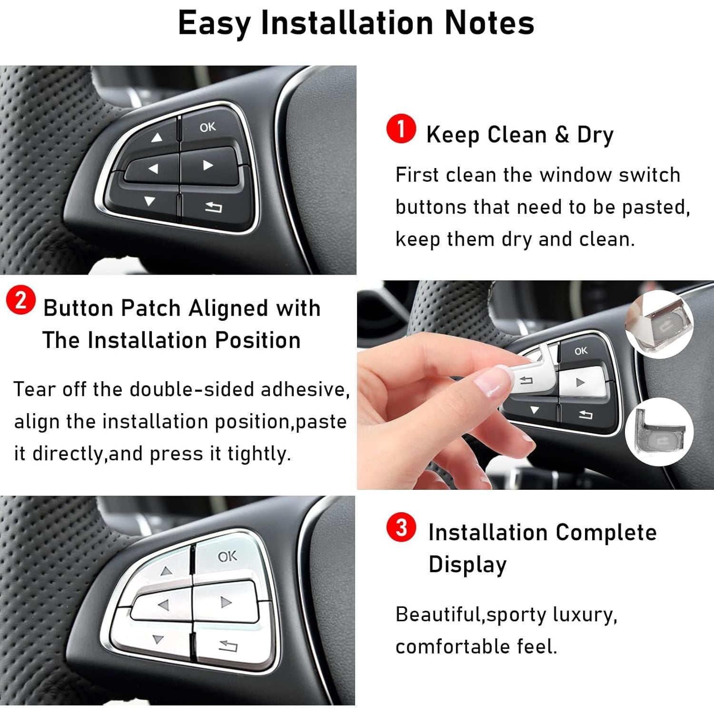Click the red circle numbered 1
pyautogui.click(x=401, y=129)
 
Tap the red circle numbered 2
pyautogui.click(x=20, y=300)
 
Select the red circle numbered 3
pyautogui.click(x=401, y=527)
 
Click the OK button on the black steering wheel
pyautogui.click(x=208, y=127)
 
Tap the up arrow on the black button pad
pyautogui.click(x=157, y=138)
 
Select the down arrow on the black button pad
pyautogui.click(x=149, y=201)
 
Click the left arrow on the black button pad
pyautogui.click(x=153, y=169)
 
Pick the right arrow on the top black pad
pyautogui.click(x=208, y=165)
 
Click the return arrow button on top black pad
pyautogui.click(x=213, y=207)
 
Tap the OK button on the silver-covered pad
pyautogui.click(x=227, y=556)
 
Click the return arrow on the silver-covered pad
pyautogui.click(x=228, y=645)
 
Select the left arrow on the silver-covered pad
pyautogui.click(x=163, y=605)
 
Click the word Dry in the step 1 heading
pyautogui.click(x=595, y=135)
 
